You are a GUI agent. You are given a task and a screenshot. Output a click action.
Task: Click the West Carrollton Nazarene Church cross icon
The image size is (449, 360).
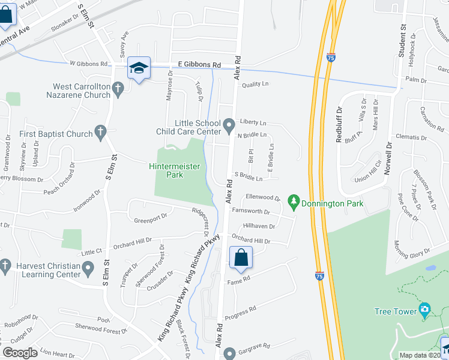118,90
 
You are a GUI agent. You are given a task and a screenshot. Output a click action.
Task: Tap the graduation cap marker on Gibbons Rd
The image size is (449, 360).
139,69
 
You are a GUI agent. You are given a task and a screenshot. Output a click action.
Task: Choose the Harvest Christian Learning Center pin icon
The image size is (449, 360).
88,267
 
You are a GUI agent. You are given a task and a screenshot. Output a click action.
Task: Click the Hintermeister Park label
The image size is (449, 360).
175,170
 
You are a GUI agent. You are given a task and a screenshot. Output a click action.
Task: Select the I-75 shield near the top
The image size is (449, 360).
331,58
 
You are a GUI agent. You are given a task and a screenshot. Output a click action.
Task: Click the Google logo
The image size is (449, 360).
20,353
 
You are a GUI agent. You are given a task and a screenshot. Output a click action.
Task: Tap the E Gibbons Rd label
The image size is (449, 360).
195,64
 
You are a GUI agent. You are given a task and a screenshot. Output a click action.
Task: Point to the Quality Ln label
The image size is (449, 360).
255,84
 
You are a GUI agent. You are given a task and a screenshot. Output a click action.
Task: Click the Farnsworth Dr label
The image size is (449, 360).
251,212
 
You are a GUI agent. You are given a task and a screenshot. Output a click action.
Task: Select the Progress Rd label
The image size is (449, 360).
241,312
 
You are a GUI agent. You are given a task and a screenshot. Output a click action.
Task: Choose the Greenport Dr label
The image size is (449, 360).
150,218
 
